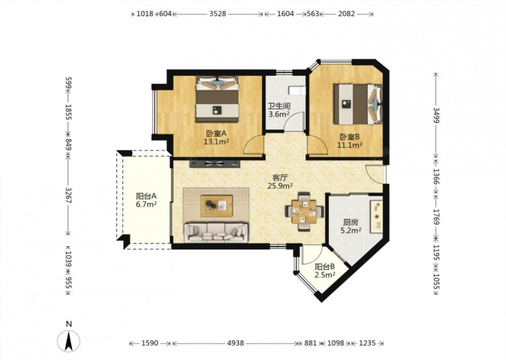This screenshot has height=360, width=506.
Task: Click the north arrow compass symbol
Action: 68,341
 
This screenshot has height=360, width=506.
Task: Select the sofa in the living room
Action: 216,232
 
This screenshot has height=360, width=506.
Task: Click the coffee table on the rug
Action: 217,206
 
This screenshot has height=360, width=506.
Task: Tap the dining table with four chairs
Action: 304,212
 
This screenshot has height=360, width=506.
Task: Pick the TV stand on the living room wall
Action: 215,164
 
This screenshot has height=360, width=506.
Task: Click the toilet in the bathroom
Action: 297,91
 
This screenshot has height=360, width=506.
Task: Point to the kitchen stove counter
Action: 376,216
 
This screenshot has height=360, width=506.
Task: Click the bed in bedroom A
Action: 217,99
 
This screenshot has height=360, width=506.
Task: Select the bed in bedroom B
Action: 358,104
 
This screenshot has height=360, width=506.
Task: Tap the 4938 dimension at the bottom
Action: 235,343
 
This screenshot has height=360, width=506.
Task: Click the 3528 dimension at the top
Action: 218,14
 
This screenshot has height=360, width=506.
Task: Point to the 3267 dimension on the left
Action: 68,195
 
